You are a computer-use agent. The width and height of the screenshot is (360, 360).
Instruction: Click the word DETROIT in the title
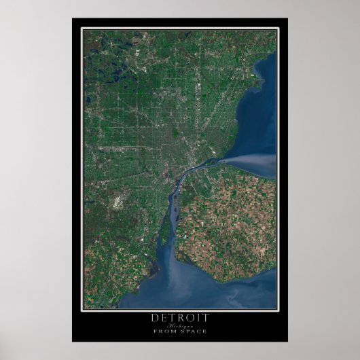(x=179, y=317)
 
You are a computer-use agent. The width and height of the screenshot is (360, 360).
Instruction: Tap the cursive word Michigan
(x=179, y=325)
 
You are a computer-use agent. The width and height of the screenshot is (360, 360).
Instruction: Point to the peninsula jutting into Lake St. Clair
(x=258, y=80)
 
